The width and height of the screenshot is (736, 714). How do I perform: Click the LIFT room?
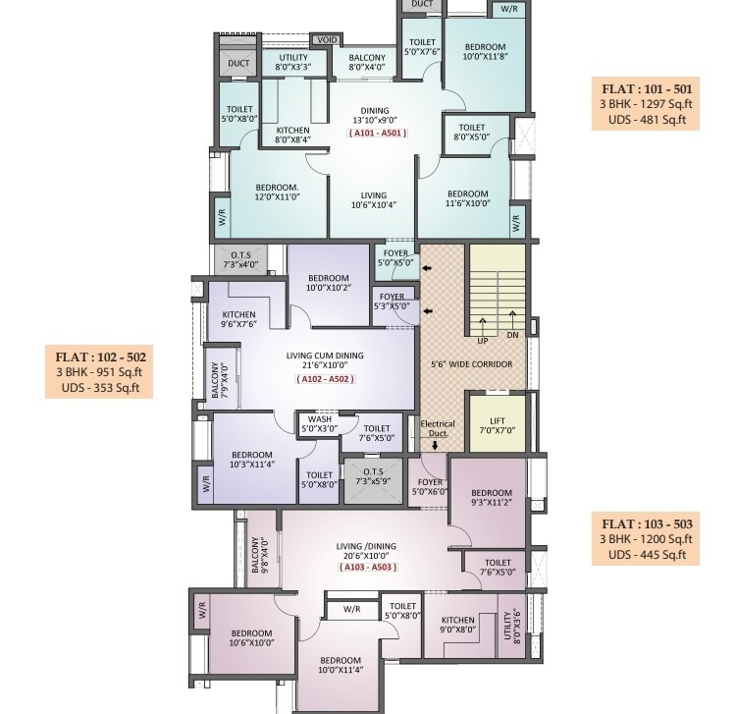tap(498, 424)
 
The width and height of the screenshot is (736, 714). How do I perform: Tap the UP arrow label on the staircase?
tap(483, 341)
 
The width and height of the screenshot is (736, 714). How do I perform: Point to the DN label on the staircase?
tap(512, 335)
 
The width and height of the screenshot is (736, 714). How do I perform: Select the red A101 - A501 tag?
tap(378, 133)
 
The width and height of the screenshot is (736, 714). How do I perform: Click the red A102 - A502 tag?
tap(325, 379)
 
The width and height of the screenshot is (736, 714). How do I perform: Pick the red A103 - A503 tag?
tap(368, 567)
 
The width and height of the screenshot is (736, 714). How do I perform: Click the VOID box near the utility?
tap(327, 40)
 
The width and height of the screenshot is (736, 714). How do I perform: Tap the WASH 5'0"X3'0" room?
tap(320, 424)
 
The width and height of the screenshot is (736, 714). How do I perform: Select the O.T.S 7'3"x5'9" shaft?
tap(373, 480)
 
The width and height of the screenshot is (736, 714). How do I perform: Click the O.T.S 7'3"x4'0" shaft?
tap(240, 259)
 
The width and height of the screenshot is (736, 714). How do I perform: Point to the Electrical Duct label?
tap(438, 428)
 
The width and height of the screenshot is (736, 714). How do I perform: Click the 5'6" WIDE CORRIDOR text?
tap(472, 364)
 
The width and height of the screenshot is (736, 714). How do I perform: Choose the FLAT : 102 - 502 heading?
tap(100, 357)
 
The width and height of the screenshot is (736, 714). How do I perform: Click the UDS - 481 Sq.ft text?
tap(647, 120)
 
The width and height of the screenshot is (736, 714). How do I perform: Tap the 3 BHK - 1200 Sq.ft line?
tap(646, 539)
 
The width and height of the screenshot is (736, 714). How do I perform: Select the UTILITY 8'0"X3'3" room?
tap(293, 63)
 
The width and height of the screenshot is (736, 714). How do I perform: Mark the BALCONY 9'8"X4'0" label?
tap(261, 555)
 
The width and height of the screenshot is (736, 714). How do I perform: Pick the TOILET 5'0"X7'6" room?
tap(422, 47)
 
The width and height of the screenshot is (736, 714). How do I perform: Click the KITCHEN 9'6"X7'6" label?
tap(238, 319)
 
